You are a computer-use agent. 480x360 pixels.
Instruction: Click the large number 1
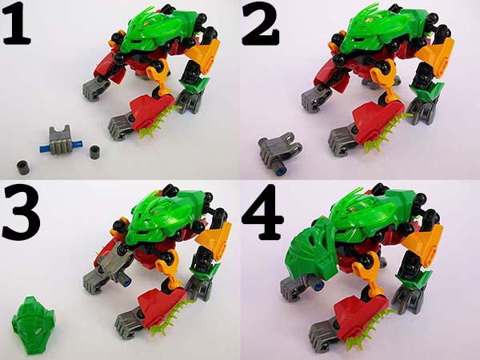click(16, 23)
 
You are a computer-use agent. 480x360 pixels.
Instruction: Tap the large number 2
click(260, 24)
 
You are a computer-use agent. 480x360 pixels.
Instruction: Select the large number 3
click(21, 213)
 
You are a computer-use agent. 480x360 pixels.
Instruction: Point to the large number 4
click(262, 213)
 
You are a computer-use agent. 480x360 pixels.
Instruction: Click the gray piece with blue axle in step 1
click(61, 141)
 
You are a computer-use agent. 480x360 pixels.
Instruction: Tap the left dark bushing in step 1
click(23, 168)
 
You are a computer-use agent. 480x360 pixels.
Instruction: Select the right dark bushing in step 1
click(96, 152)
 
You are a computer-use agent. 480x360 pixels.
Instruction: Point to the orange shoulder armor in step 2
click(436, 56)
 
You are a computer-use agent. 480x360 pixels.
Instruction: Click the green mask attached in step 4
click(310, 250)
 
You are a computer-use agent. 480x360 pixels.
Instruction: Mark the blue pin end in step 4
click(319, 286)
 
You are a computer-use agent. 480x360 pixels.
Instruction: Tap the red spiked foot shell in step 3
click(162, 306)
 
